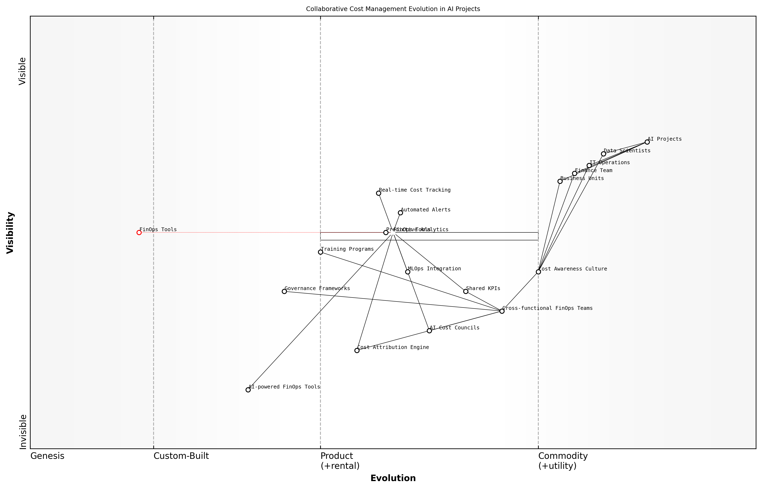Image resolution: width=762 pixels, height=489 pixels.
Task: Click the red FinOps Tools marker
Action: pyautogui.click(x=139, y=233)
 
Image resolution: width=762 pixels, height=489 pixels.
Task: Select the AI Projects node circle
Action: pyautogui.click(x=647, y=142)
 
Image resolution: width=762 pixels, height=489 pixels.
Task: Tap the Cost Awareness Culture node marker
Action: pyautogui.click(x=538, y=272)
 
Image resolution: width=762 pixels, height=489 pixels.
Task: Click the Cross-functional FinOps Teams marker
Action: pyautogui.click(x=502, y=311)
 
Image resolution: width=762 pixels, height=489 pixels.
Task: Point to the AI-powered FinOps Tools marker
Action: pyautogui.click(x=248, y=390)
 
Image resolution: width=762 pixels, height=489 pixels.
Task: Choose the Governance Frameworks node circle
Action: pyautogui.click(x=284, y=292)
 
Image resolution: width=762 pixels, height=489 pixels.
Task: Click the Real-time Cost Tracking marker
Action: pyautogui.click(x=379, y=193)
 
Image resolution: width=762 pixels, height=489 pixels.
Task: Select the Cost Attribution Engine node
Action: pyautogui.click(x=357, y=351)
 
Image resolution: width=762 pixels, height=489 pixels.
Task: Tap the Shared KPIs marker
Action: pyautogui.click(x=466, y=292)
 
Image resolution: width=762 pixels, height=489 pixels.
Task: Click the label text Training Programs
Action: pyautogui.click(x=347, y=249)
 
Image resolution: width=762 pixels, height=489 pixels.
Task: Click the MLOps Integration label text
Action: pyautogui.click(x=434, y=269)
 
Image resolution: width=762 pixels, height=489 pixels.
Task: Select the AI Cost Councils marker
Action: pyautogui.click(x=429, y=331)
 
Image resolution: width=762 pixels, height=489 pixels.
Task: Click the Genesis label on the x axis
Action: pyautogui.click(x=47, y=456)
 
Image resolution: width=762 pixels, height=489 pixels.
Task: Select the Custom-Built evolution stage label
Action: pyautogui.click(x=181, y=456)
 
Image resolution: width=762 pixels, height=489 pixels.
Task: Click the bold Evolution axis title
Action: pyautogui.click(x=393, y=478)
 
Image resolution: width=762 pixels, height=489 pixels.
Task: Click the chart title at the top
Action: pyautogui.click(x=393, y=9)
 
